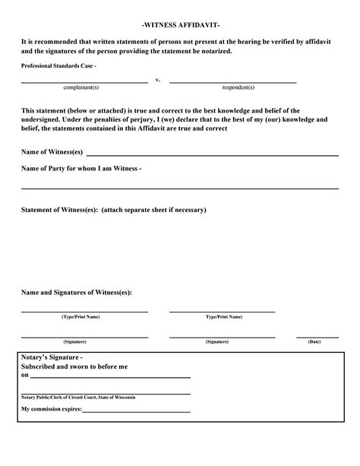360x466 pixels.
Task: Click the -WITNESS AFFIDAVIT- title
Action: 181,25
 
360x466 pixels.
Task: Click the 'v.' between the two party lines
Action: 157,80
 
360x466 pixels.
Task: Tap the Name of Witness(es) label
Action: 52,152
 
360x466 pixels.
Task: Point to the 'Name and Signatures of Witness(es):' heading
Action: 76,292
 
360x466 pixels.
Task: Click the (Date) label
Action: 314,342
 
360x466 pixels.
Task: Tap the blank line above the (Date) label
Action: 317,336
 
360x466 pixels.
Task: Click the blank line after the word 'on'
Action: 110,377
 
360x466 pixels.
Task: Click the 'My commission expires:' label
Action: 51,409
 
